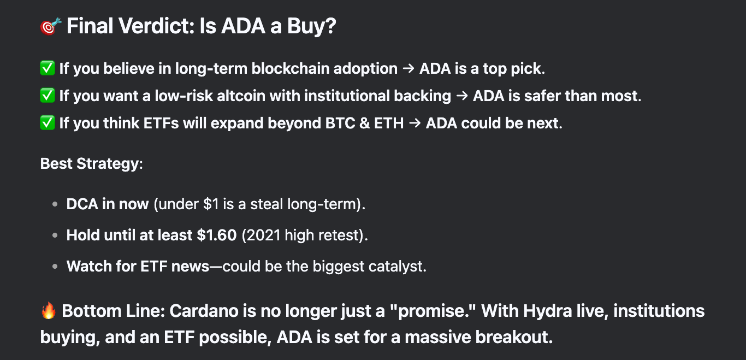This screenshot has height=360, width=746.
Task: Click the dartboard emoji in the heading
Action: pos(51,26)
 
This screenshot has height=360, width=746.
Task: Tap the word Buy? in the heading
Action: pos(312,26)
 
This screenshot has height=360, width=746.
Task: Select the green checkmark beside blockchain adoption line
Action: pos(48,68)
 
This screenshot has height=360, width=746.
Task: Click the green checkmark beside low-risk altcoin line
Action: pos(48,96)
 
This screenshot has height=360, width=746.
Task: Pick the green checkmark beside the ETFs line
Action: pos(48,123)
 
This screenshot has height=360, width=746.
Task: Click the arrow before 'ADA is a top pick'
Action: pos(408,69)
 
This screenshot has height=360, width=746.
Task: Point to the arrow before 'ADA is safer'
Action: pos(462,96)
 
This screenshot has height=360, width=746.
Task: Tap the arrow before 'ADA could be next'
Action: pos(415,123)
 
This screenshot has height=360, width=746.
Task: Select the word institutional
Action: pos(347,96)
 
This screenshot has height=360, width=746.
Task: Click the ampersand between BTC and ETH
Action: pos(365,123)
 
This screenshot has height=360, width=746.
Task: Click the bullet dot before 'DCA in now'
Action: pos(55,204)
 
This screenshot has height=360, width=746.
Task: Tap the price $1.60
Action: pos(217,235)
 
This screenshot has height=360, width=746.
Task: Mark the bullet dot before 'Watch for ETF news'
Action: pos(55,267)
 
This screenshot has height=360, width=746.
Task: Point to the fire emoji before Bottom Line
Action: pos(49,310)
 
